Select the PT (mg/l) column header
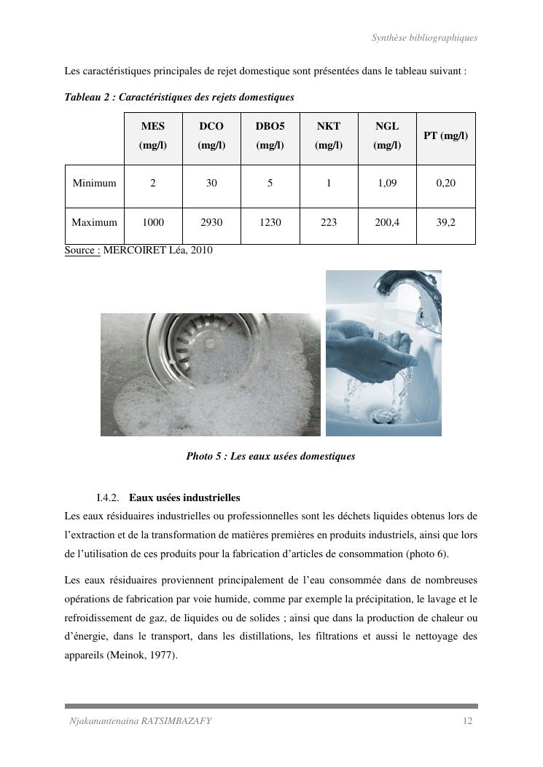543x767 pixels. [445, 136]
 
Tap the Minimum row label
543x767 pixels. [95, 184]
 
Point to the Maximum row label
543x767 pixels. [95, 223]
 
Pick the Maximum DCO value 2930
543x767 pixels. [211, 223]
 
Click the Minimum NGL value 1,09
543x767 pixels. [387, 184]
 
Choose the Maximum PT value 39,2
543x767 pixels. [445, 223]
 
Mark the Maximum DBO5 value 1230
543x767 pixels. [270, 223]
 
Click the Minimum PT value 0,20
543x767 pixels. [445, 184]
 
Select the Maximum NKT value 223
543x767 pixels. [329, 223]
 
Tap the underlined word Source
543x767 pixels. [80, 251]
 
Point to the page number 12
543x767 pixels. [468, 722]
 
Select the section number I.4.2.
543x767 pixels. [108, 498]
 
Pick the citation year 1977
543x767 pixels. [163, 656]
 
